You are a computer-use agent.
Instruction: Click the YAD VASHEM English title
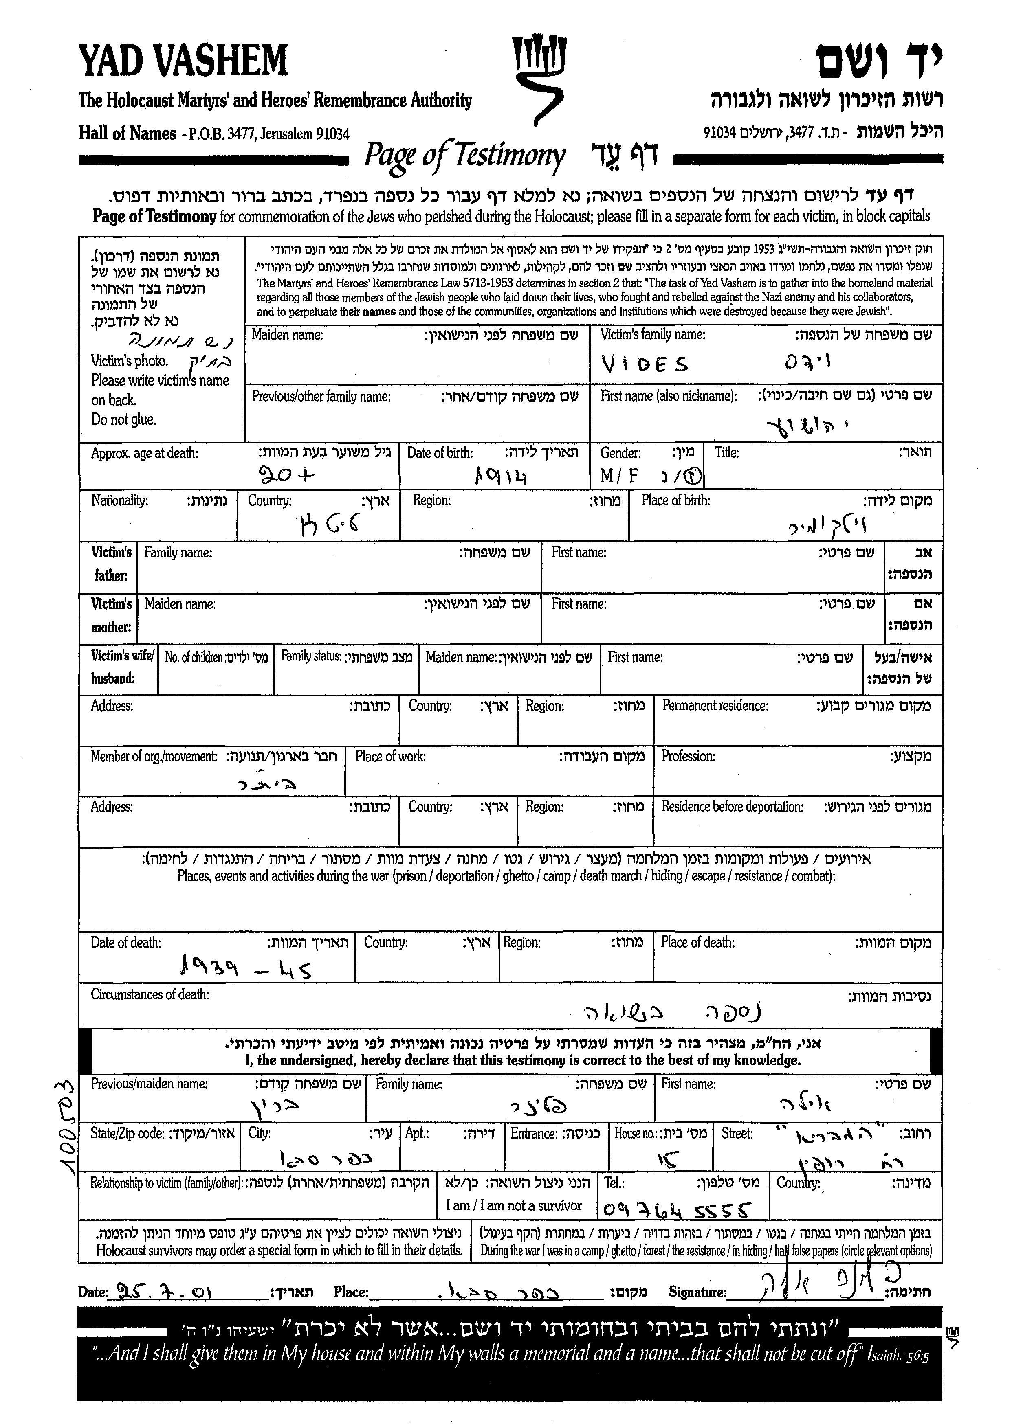(183, 61)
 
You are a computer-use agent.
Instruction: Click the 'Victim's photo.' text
(129, 361)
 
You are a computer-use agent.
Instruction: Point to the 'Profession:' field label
(688, 756)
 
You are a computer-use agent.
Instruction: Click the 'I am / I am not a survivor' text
(513, 1205)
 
